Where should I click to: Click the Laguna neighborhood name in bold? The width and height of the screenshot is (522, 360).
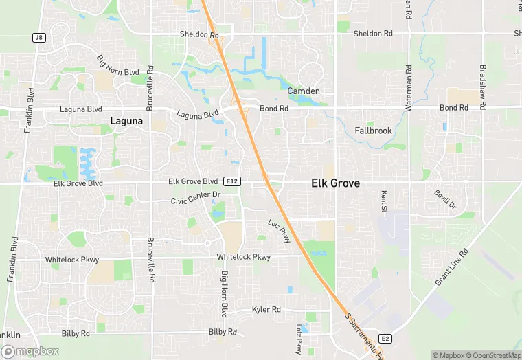click(127, 121)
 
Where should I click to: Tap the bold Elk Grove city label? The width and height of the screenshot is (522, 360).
click(335, 183)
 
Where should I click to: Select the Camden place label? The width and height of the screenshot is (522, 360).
click(303, 91)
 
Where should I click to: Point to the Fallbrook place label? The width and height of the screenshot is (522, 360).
click(373, 131)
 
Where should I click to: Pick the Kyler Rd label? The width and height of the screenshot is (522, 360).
click(266, 310)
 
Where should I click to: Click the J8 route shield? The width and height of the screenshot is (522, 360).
click(39, 38)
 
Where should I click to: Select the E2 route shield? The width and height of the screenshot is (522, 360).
click(385, 339)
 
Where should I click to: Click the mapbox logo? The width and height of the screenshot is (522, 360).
click(30, 351)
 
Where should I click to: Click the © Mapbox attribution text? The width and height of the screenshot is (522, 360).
click(449, 355)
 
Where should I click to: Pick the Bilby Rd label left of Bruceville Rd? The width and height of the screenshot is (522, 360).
click(76, 333)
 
